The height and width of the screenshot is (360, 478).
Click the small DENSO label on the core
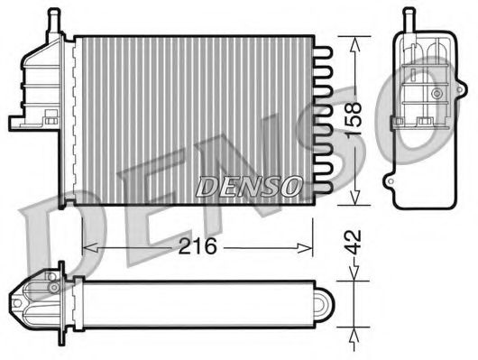pos(249,187)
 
